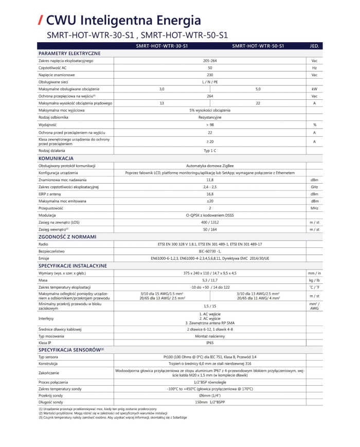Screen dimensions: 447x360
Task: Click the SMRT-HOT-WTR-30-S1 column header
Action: click(161, 46)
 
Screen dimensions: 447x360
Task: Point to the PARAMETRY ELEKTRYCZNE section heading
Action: click(69, 53)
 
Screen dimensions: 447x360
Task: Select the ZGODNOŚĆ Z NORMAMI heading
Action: click(67, 237)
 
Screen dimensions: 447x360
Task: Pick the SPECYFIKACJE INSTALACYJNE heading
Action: click(73, 265)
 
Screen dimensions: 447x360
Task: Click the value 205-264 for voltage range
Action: click(209, 61)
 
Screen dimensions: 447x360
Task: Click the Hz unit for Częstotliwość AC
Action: click(314, 68)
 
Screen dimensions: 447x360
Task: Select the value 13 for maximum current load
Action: click(161, 103)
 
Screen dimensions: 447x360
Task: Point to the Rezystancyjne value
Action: click(209, 117)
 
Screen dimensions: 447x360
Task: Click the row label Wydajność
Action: click(47, 124)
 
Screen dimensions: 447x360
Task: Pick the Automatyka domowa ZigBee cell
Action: click(209, 166)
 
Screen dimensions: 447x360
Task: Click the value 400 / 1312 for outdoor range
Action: click(209, 222)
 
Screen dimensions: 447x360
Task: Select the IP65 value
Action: click(209, 342)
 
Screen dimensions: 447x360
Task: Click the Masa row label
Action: click(43, 279)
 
